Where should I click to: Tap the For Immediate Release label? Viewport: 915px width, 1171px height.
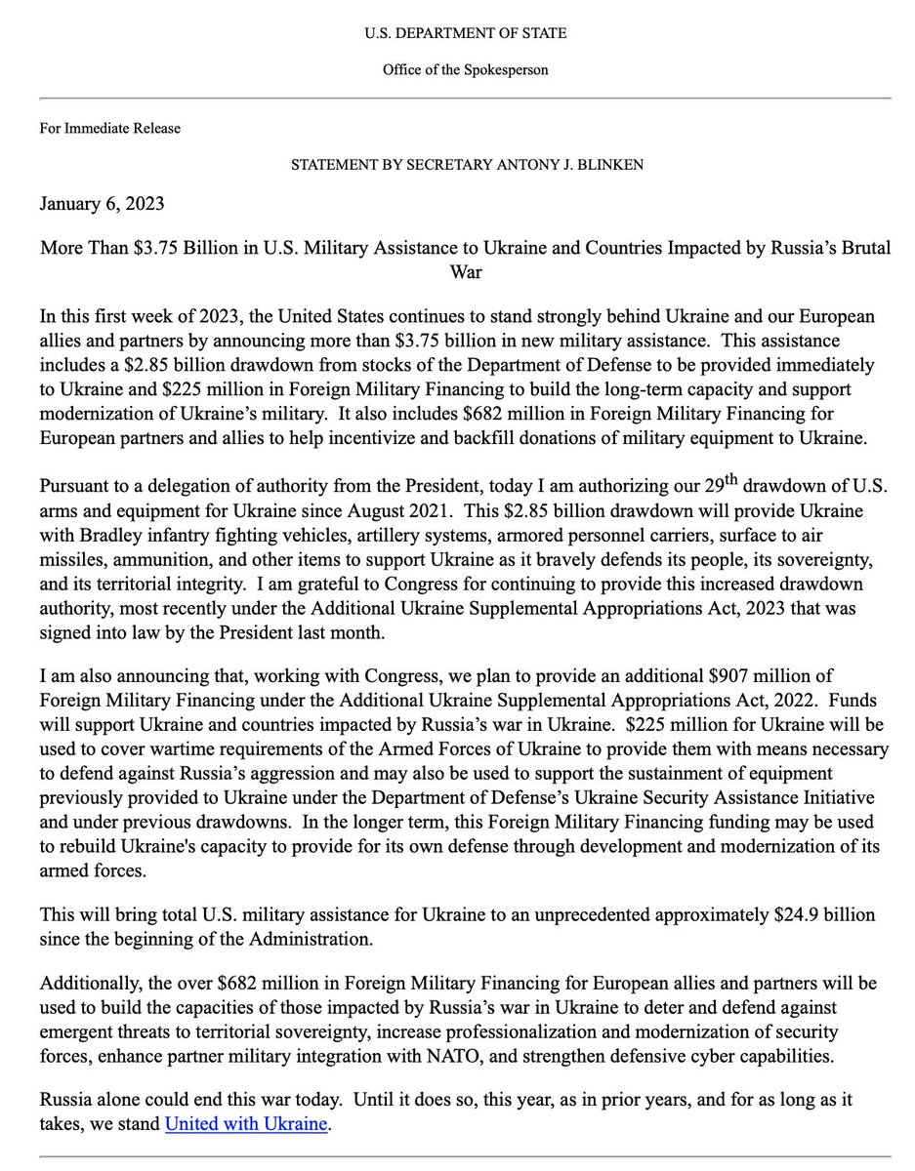109,128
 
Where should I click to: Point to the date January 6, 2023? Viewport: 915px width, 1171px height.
103,204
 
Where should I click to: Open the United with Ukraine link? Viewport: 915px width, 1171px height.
245,1123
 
